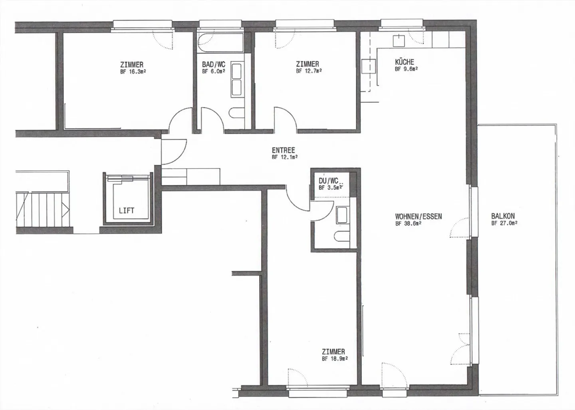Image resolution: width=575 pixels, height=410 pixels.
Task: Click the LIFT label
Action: coord(127,211)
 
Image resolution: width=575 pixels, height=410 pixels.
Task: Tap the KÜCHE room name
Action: coord(404,62)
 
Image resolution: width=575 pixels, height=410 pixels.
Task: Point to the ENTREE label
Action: coord(284,150)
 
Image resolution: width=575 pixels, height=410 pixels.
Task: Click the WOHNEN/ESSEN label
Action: coord(418,217)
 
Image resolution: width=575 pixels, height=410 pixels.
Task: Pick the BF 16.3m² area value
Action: coord(133,72)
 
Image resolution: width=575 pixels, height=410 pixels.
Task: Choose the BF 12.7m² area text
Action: coord(309,71)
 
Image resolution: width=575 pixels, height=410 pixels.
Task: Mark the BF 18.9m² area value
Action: coord(335,358)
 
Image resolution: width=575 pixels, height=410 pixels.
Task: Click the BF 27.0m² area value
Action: coord(504,223)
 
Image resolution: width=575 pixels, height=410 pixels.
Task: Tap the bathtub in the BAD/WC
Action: coord(220,42)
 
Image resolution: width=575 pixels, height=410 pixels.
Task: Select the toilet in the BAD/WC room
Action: coord(237,113)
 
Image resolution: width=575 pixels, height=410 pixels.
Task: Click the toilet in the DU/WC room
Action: coord(342,236)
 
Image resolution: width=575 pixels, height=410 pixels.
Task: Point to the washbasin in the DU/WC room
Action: coord(342,215)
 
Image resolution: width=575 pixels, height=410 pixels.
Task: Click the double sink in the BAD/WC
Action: coord(236,80)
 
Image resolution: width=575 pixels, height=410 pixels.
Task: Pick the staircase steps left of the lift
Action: coord(43,210)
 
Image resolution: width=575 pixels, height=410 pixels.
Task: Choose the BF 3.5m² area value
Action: coord(330,188)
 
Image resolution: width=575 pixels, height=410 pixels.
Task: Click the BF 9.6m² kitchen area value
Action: coord(406,69)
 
